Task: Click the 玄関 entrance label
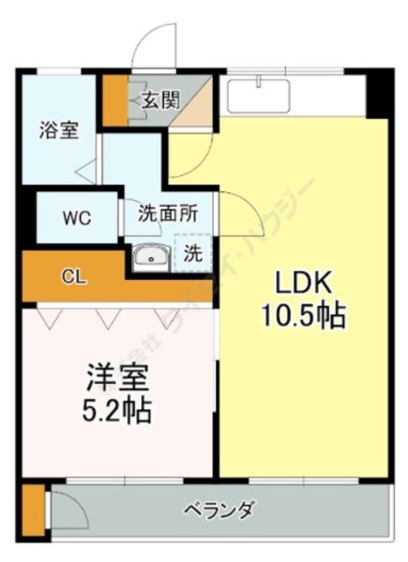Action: click(x=158, y=99)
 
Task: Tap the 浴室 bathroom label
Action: click(x=59, y=131)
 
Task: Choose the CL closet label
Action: click(x=73, y=277)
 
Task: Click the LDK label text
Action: click(x=303, y=283)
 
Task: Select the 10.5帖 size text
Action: click(x=303, y=314)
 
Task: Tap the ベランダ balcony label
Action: click(x=219, y=509)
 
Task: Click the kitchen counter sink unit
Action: click(x=260, y=95)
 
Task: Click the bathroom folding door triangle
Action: click(x=85, y=169)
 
